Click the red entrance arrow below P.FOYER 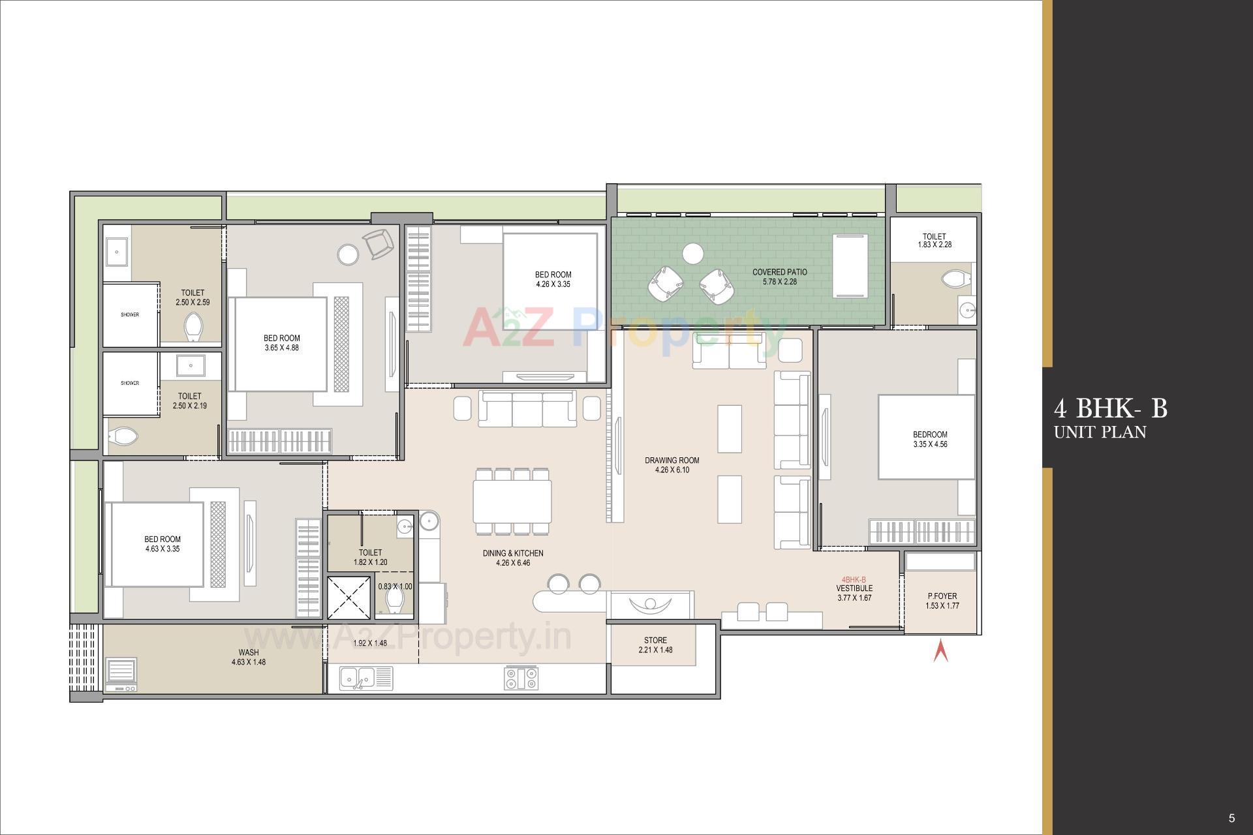(940, 651)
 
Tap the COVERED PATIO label (779, 272)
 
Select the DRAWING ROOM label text (672, 460)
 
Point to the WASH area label (249, 652)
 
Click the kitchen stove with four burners (521, 678)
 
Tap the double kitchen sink (358, 678)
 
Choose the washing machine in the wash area (121, 675)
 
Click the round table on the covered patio (692, 253)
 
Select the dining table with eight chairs (512, 500)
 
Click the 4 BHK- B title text (1110, 409)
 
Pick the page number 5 (1231, 818)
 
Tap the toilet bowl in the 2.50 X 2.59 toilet (193, 326)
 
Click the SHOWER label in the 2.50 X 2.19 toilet (130, 384)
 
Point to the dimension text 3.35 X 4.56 (930, 445)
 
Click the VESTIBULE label (854, 588)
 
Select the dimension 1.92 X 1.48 (370, 643)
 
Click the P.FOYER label (942, 596)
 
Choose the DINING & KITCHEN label (513, 553)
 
